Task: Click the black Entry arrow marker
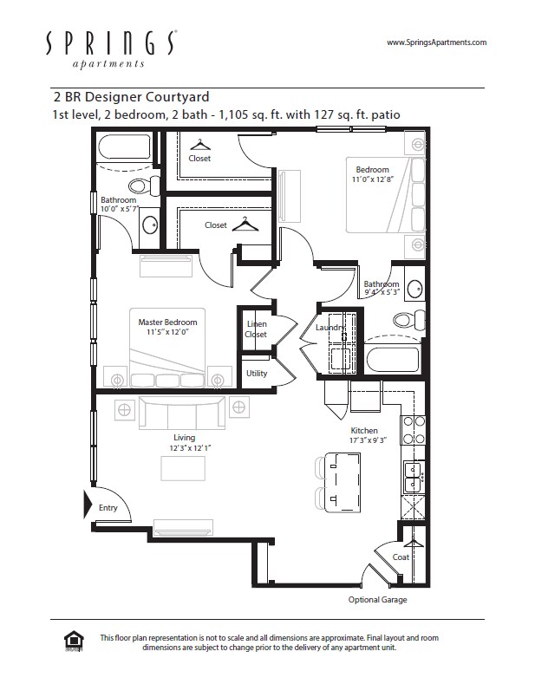88,505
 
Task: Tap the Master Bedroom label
167,322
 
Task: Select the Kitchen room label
364,430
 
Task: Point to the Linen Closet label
256,329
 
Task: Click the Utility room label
257,374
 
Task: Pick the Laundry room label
330,328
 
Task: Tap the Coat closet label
401,557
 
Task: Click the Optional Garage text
377,600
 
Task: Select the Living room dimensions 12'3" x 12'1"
190,448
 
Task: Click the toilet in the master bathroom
145,186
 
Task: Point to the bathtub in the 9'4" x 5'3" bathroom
393,360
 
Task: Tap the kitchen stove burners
414,430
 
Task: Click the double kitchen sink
414,477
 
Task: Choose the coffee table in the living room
183,468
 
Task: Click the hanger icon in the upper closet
199,145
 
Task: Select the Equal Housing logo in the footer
74,642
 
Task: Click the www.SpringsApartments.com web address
437,42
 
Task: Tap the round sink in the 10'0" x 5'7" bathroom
150,225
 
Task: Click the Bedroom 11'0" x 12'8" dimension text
373,179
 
